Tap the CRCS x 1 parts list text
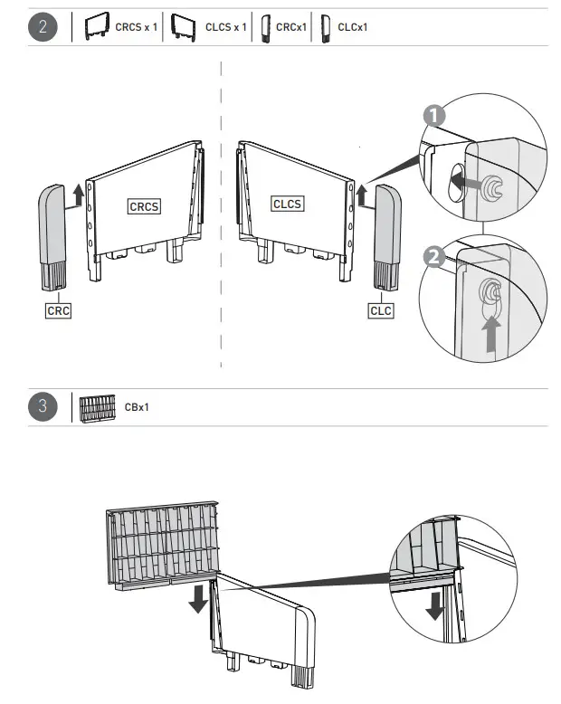click(136, 27)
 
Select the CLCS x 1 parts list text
click(226, 27)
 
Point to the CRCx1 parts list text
click(291, 27)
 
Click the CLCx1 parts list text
click(352, 27)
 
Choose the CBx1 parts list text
click(137, 407)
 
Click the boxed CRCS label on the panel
click(144, 206)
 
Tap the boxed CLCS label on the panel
click(287, 205)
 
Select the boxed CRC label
click(58, 310)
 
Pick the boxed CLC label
click(381, 310)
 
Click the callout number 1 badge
click(434, 116)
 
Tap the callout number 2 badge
click(434, 256)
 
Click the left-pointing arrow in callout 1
click(462, 182)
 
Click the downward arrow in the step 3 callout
click(434, 604)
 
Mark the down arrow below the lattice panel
click(196, 598)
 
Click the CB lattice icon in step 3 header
click(98, 407)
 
